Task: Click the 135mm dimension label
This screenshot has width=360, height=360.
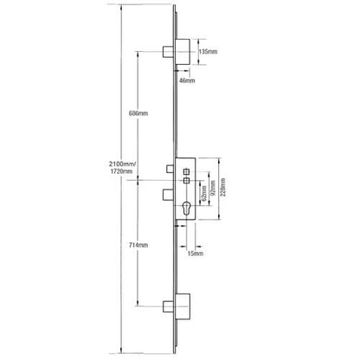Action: click(x=208, y=52)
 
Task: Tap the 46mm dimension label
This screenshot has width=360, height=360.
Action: click(x=187, y=80)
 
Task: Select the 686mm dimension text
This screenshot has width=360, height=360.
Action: click(x=138, y=113)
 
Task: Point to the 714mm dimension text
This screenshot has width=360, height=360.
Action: click(x=138, y=245)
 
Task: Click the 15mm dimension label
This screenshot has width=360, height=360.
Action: click(x=196, y=254)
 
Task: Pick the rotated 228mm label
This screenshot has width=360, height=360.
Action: click(x=222, y=187)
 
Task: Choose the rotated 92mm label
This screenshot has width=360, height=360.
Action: click(x=213, y=188)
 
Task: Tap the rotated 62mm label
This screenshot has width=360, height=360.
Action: click(x=204, y=193)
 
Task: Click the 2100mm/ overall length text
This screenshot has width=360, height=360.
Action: click(x=122, y=164)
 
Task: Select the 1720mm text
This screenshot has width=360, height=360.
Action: click(x=121, y=171)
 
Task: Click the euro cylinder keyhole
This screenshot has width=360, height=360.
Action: click(x=186, y=209)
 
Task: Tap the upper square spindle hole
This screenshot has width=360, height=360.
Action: click(x=186, y=171)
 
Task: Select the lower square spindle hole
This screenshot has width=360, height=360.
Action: click(x=186, y=181)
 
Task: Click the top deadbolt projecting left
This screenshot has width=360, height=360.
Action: click(x=167, y=52)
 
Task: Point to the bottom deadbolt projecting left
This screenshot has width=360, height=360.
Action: click(x=168, y=306)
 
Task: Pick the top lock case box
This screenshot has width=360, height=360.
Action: click(x=183, y=52)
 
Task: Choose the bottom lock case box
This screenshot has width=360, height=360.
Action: click(x=183, y=306)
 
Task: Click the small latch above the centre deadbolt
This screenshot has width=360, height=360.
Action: click(x=170, y=170)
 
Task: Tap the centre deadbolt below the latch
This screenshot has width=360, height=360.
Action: click(x=169, y=195)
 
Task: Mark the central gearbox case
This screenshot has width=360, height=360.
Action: click(x=185, y=189)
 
